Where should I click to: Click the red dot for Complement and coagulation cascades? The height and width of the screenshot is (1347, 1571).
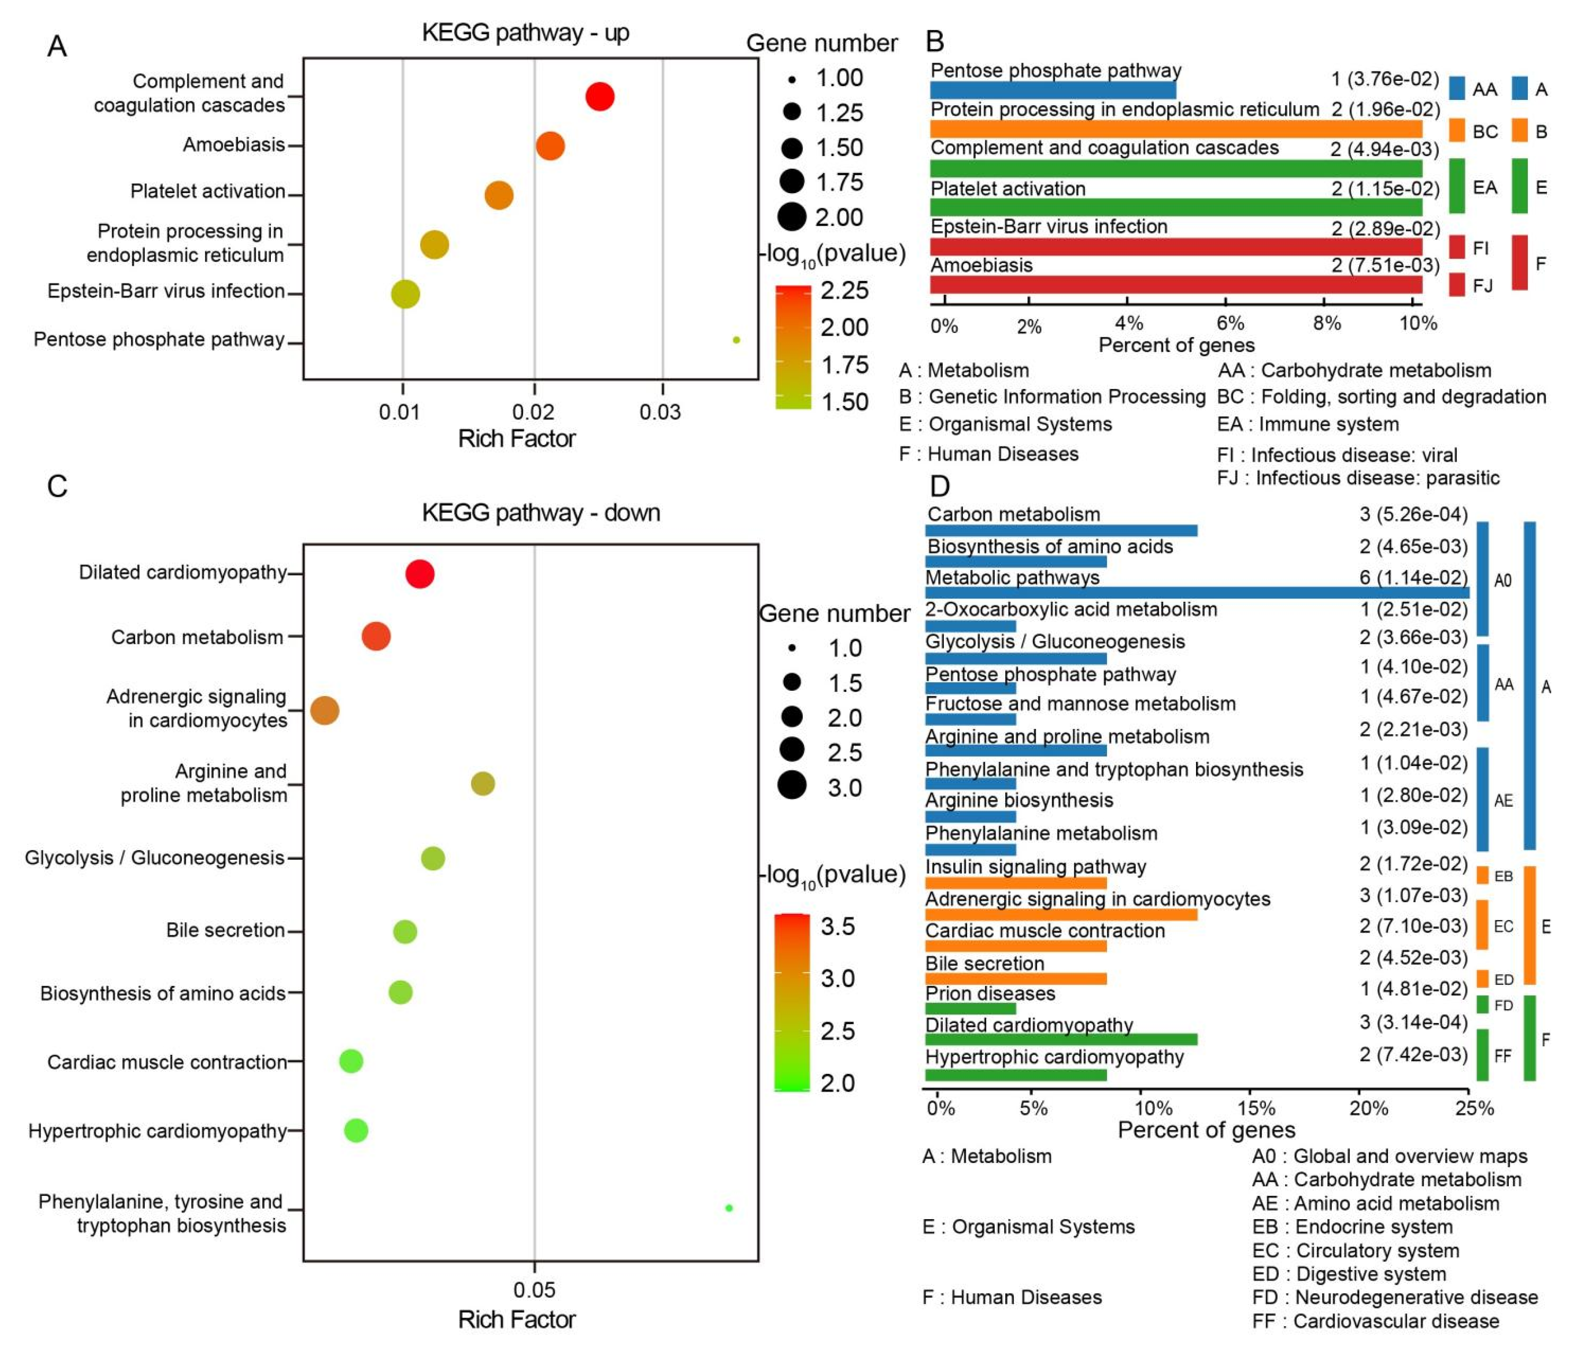coord(599,97)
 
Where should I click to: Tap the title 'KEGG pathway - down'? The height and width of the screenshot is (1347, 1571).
coord(541,513)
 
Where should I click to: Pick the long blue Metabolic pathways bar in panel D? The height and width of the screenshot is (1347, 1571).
coord(1196,593)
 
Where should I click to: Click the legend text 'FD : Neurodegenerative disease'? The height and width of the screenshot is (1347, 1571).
coord(1394,1297)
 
